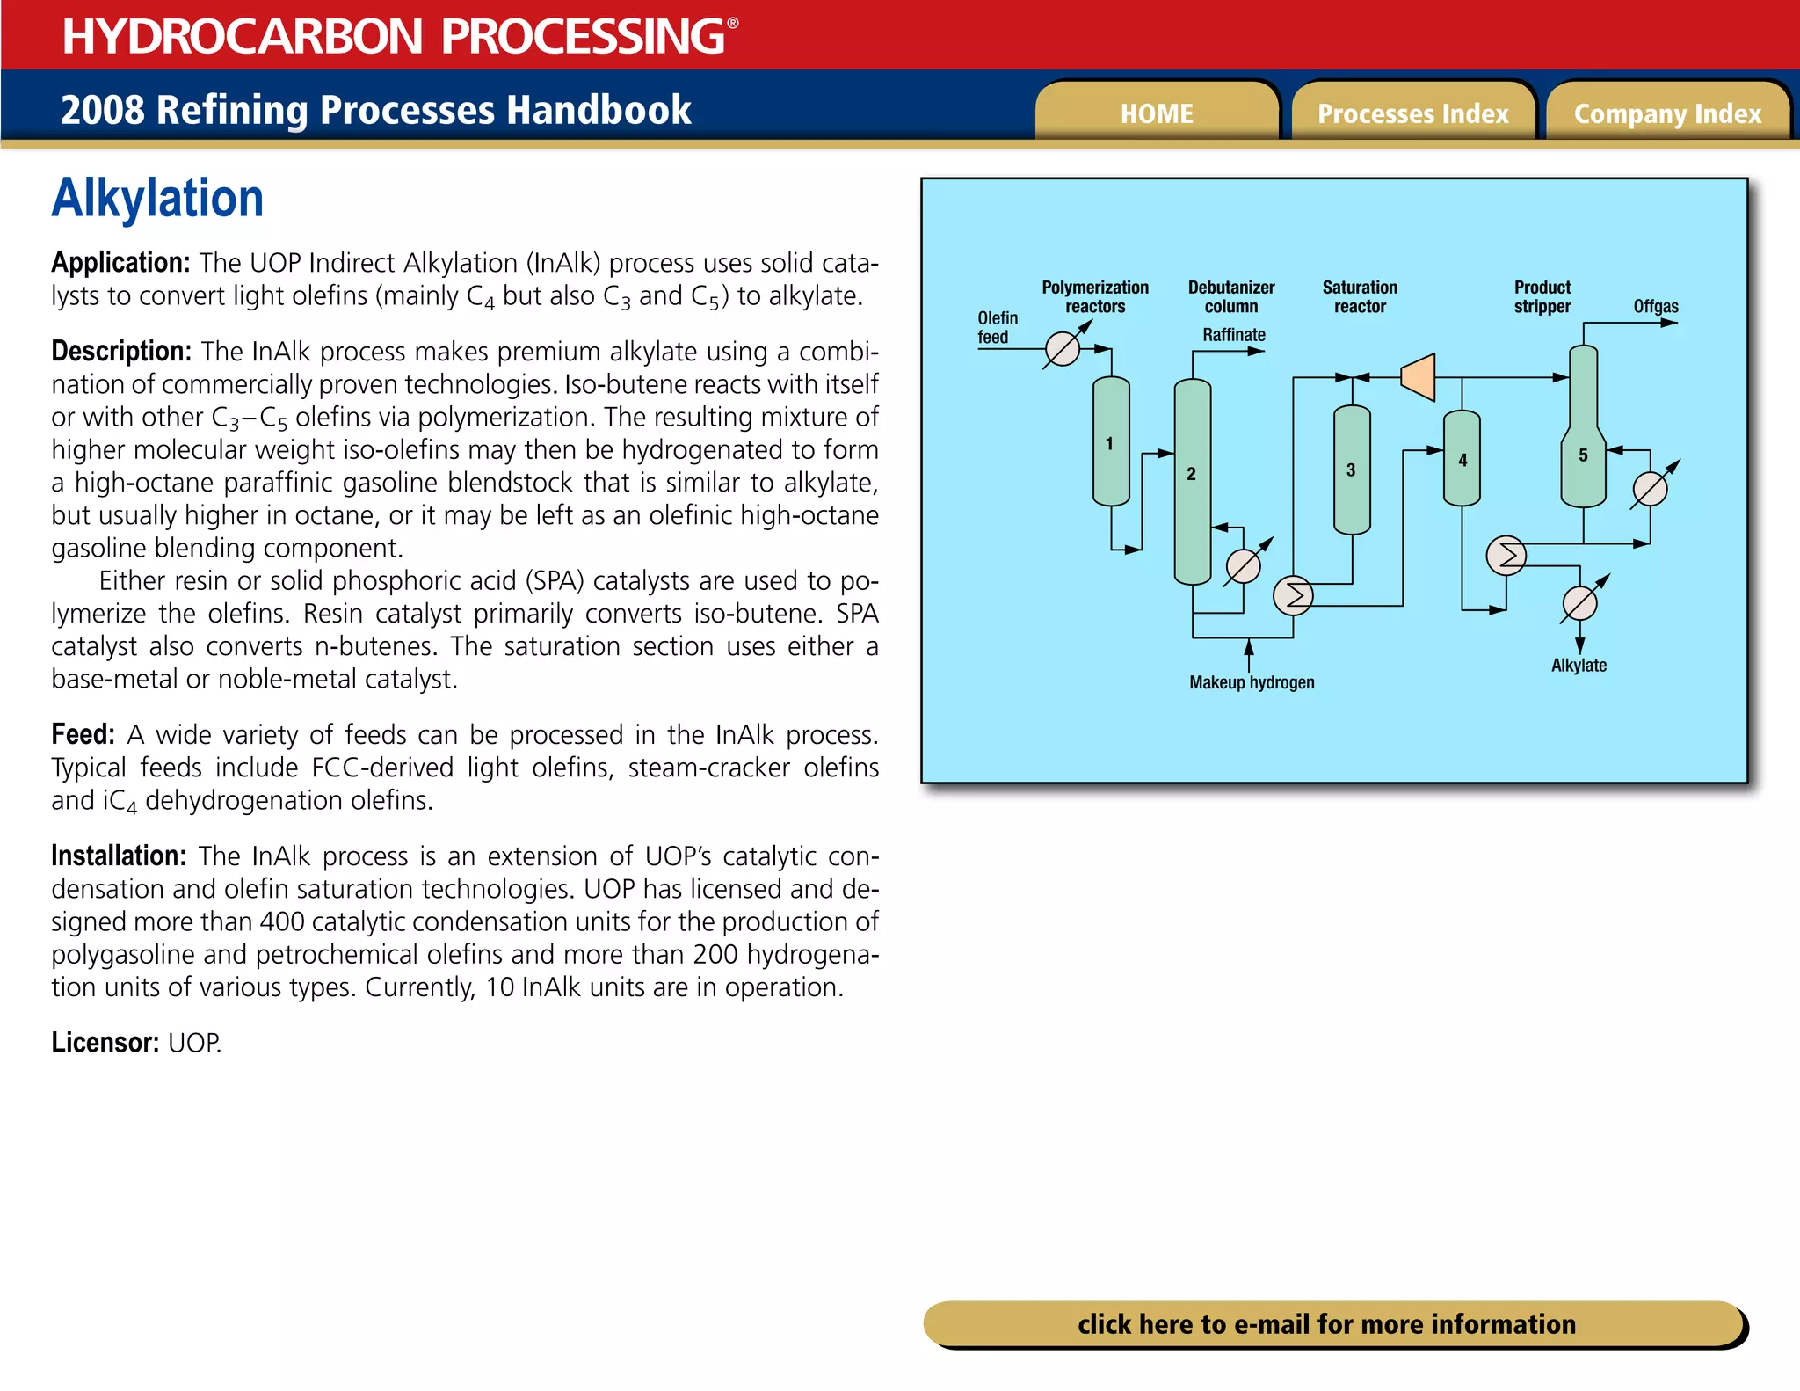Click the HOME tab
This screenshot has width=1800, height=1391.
coord(1156,113)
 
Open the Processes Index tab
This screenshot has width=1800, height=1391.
coord(1412,113)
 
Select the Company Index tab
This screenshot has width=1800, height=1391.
coord(1667,113)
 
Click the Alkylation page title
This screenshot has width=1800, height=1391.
coord(157,199)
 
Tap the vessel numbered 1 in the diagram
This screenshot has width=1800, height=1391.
coord(1110,442)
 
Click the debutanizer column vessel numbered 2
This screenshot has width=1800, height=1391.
coord(1192,482)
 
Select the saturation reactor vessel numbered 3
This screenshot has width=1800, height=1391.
coord(1351,470)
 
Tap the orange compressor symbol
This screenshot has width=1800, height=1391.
coord(1419,377)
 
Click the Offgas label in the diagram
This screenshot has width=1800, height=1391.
coord(1655,306)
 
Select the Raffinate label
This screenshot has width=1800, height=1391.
coord(1233,335)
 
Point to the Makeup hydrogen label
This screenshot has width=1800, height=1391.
coord(1252,682)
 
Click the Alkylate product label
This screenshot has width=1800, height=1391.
coord(1579,666)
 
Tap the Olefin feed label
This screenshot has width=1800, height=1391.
coord(997,327)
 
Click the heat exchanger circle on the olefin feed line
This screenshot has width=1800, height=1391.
coord(1062,349)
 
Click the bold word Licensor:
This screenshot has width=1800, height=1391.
coord(105,1043)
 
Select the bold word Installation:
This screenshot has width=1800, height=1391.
coord(118,856)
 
